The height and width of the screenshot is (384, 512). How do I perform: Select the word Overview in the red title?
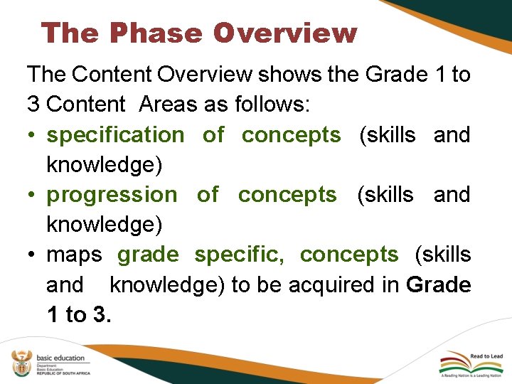(x=284, y=33)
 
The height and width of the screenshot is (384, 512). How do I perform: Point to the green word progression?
(x=112, y=194)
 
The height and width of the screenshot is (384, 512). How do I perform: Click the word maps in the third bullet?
(x=74, y=254)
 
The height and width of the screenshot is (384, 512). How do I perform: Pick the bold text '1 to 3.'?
(x=78, y=314)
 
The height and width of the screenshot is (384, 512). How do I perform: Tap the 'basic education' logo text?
(x=60, y=358)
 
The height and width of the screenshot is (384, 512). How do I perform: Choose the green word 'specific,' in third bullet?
(x=239, y=254)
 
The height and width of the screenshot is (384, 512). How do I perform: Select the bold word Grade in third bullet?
(x=438, y=284)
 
